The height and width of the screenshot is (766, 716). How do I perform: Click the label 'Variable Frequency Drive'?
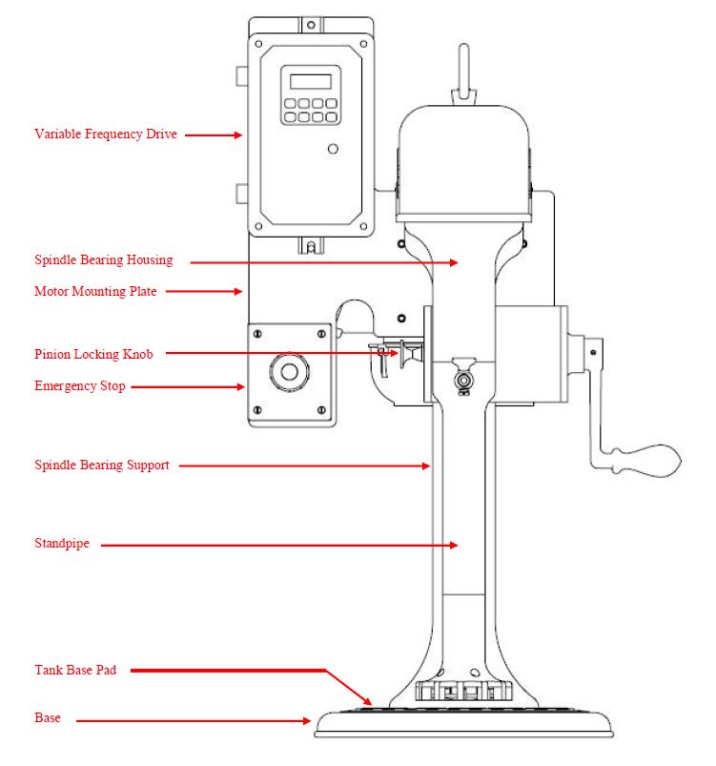click(x=106, y=135)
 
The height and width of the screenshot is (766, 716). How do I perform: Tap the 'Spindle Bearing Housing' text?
click(x=104, y=259)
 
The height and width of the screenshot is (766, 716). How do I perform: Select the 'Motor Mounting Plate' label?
click(x=95, y=291)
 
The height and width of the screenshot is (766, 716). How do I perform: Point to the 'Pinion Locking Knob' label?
click(x=93, y=354)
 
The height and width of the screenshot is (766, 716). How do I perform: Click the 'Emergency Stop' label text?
click(x=80, y=386)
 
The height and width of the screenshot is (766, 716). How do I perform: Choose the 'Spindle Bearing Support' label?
click(x=102, y=466)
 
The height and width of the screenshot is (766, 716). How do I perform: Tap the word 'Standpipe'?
click(x=62, y=544)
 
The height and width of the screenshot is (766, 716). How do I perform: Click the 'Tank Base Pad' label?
click(x=75, y=670)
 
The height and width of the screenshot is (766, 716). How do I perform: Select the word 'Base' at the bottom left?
click(x=48, y=717)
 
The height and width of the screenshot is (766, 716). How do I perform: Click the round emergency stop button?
click(x=289, y=372)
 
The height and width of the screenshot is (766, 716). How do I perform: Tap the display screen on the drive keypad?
click(x=311, y=81)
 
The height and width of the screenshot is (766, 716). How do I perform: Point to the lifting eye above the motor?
click(x=464, y=73)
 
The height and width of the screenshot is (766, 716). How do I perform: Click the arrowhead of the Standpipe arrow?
click(x=454, y=545)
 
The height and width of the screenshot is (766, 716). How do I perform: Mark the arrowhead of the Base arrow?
click(x=307, y=720)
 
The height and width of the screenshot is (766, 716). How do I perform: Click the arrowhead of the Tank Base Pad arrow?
click(x=367, y=700)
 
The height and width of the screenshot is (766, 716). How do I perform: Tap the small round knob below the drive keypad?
click(x=333, y=149)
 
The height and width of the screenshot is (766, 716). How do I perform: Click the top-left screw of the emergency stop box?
click(x=257, y=334)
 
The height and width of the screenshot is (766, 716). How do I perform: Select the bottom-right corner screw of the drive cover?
click(x=363, y=226)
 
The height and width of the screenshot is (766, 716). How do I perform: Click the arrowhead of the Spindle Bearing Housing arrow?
click(x=454, y=263)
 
